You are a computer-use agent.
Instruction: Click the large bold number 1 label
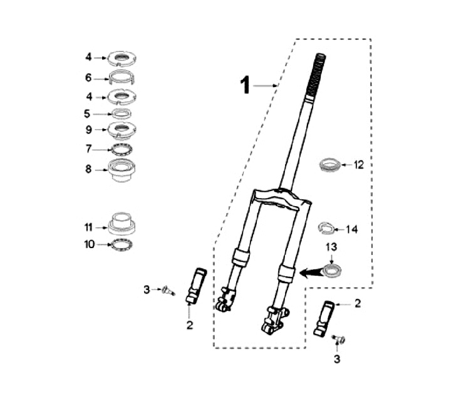click(x=246, y=85)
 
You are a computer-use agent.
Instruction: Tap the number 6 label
click(x=88, y=78)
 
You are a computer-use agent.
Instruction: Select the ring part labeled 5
click(x=122, y=113)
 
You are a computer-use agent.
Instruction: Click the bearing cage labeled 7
click(x=122, y=149)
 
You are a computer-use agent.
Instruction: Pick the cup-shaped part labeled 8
click(x=122, y=171)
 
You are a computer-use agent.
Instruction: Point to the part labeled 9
click(x=122, y=129)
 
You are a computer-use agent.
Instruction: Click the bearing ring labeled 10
click(x=122, y=245)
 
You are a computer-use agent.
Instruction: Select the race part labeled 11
click(x=122, y=223)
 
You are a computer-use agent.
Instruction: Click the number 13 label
click(x=331, y=247)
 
